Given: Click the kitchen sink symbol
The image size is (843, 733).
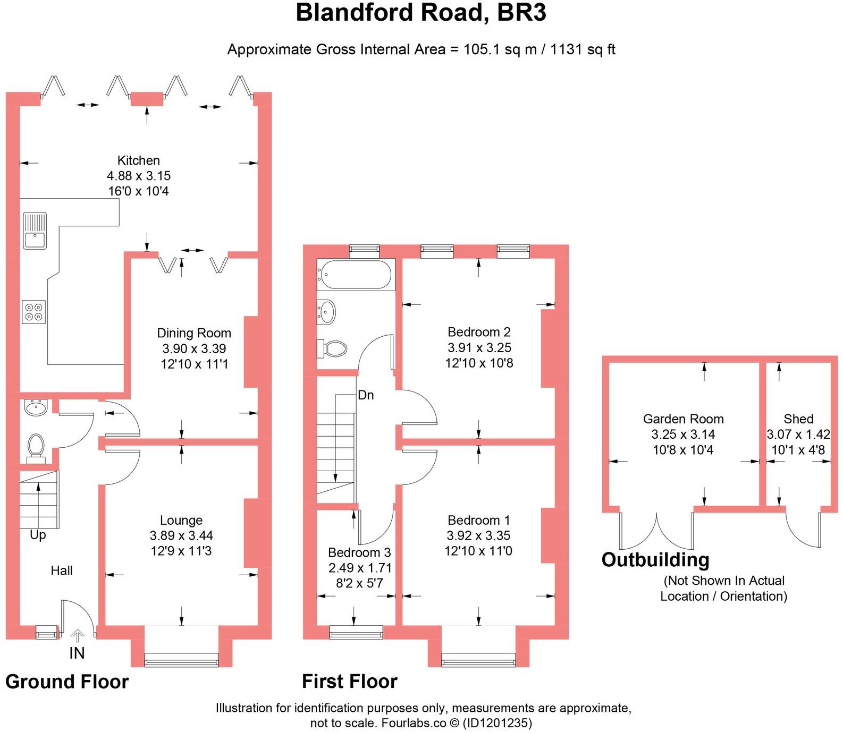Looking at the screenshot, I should tap(35, 231).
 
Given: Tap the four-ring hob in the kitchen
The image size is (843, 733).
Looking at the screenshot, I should tap(33, 312).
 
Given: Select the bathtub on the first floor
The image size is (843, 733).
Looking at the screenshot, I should tap(356, 274).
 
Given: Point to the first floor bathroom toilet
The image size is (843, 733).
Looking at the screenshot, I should tap(333, 349).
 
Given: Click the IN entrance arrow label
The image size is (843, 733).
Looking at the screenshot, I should tap(77, 653).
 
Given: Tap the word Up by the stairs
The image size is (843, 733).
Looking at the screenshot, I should tap(38, 534).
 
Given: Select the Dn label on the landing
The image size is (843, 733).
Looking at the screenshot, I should tap(366, 395).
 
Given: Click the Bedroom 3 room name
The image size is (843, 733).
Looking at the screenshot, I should tap(359, 552).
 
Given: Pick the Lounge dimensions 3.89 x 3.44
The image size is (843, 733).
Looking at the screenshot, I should tap(181, 535).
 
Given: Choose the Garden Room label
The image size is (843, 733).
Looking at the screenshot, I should tap(683, 419).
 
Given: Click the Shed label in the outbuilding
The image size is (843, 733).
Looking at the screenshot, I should tap(798, 419).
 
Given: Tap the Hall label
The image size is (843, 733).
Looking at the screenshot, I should tap(62, 570).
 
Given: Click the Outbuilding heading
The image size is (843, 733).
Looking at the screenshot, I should tap(655, 560).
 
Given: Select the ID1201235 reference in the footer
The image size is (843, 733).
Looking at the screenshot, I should tap(497, 723).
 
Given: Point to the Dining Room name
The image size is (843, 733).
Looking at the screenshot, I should tap(194, 333).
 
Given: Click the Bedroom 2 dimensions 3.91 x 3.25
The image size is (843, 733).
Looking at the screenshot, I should tap(479, 347).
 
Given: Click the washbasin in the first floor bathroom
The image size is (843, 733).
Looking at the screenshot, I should tap(326, 312).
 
